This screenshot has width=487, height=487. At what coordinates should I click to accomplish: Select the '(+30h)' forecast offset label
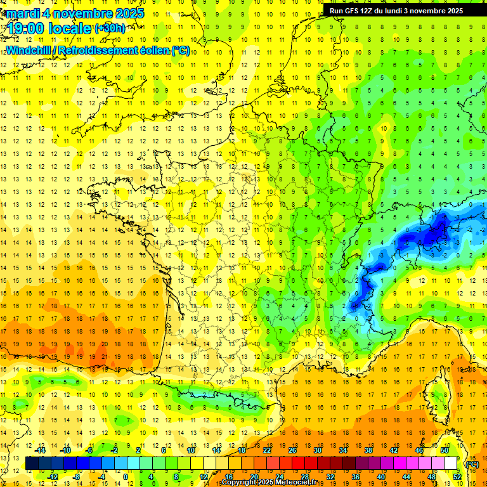click(110, 29)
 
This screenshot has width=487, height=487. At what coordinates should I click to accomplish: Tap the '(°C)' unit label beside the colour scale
click(472, 464)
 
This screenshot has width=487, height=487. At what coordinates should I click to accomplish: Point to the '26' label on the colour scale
click(292, 450)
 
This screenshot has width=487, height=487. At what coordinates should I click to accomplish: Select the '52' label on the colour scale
click(457, 477)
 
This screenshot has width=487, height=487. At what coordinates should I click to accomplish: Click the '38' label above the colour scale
click(368, 450)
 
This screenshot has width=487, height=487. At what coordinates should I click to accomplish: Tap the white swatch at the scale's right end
click(451, 464)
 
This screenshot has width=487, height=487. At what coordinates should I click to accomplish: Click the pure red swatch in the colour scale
click(299, 464)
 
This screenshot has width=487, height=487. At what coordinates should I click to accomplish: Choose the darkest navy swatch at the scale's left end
click(32, 464)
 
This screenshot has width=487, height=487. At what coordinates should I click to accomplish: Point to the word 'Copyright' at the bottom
click(240, 483)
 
